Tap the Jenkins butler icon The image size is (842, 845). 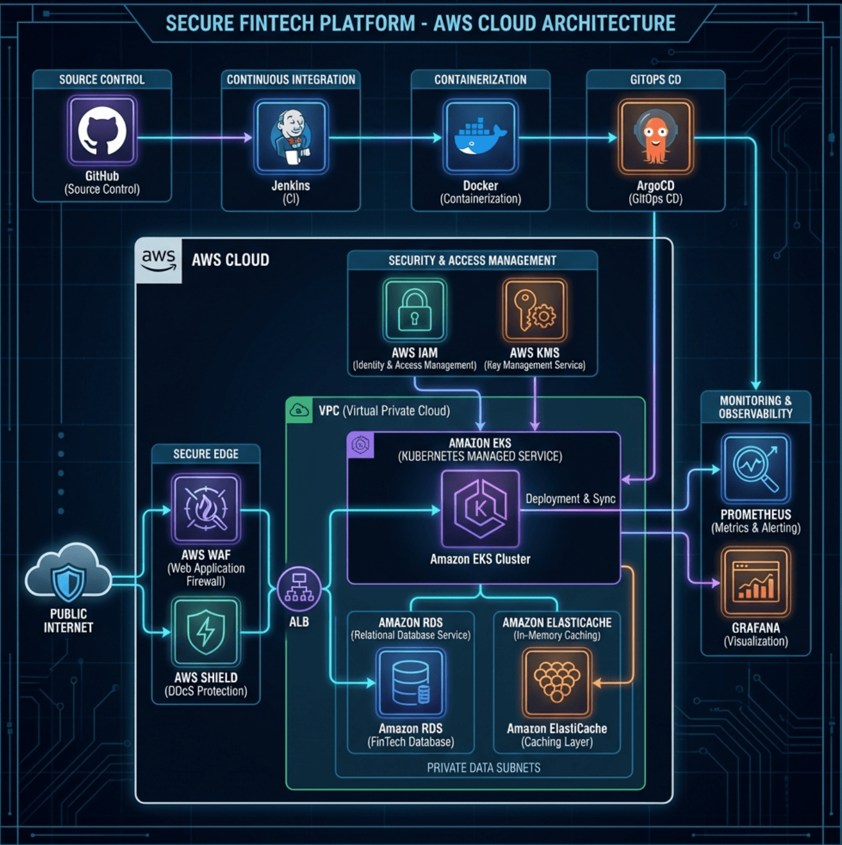point(291,137)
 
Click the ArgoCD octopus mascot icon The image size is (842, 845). point(655,137)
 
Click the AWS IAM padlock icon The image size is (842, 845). point(415,311)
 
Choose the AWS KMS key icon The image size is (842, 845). point(534,311)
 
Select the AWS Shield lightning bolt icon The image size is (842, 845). point(206,632)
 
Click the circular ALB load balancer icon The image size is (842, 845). point(299,589)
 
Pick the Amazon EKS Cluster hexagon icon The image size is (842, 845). point(480,509)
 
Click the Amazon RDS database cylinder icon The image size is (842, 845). point(411,683)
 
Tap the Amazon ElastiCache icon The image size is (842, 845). point(557,683)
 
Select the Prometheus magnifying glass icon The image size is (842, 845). point(756,468)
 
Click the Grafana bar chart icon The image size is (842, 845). point(756,582)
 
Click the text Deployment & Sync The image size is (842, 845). point(570,499)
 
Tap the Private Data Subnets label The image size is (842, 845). point(484,768)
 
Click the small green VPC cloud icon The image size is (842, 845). point(299,410)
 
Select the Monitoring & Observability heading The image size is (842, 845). point(755,407)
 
